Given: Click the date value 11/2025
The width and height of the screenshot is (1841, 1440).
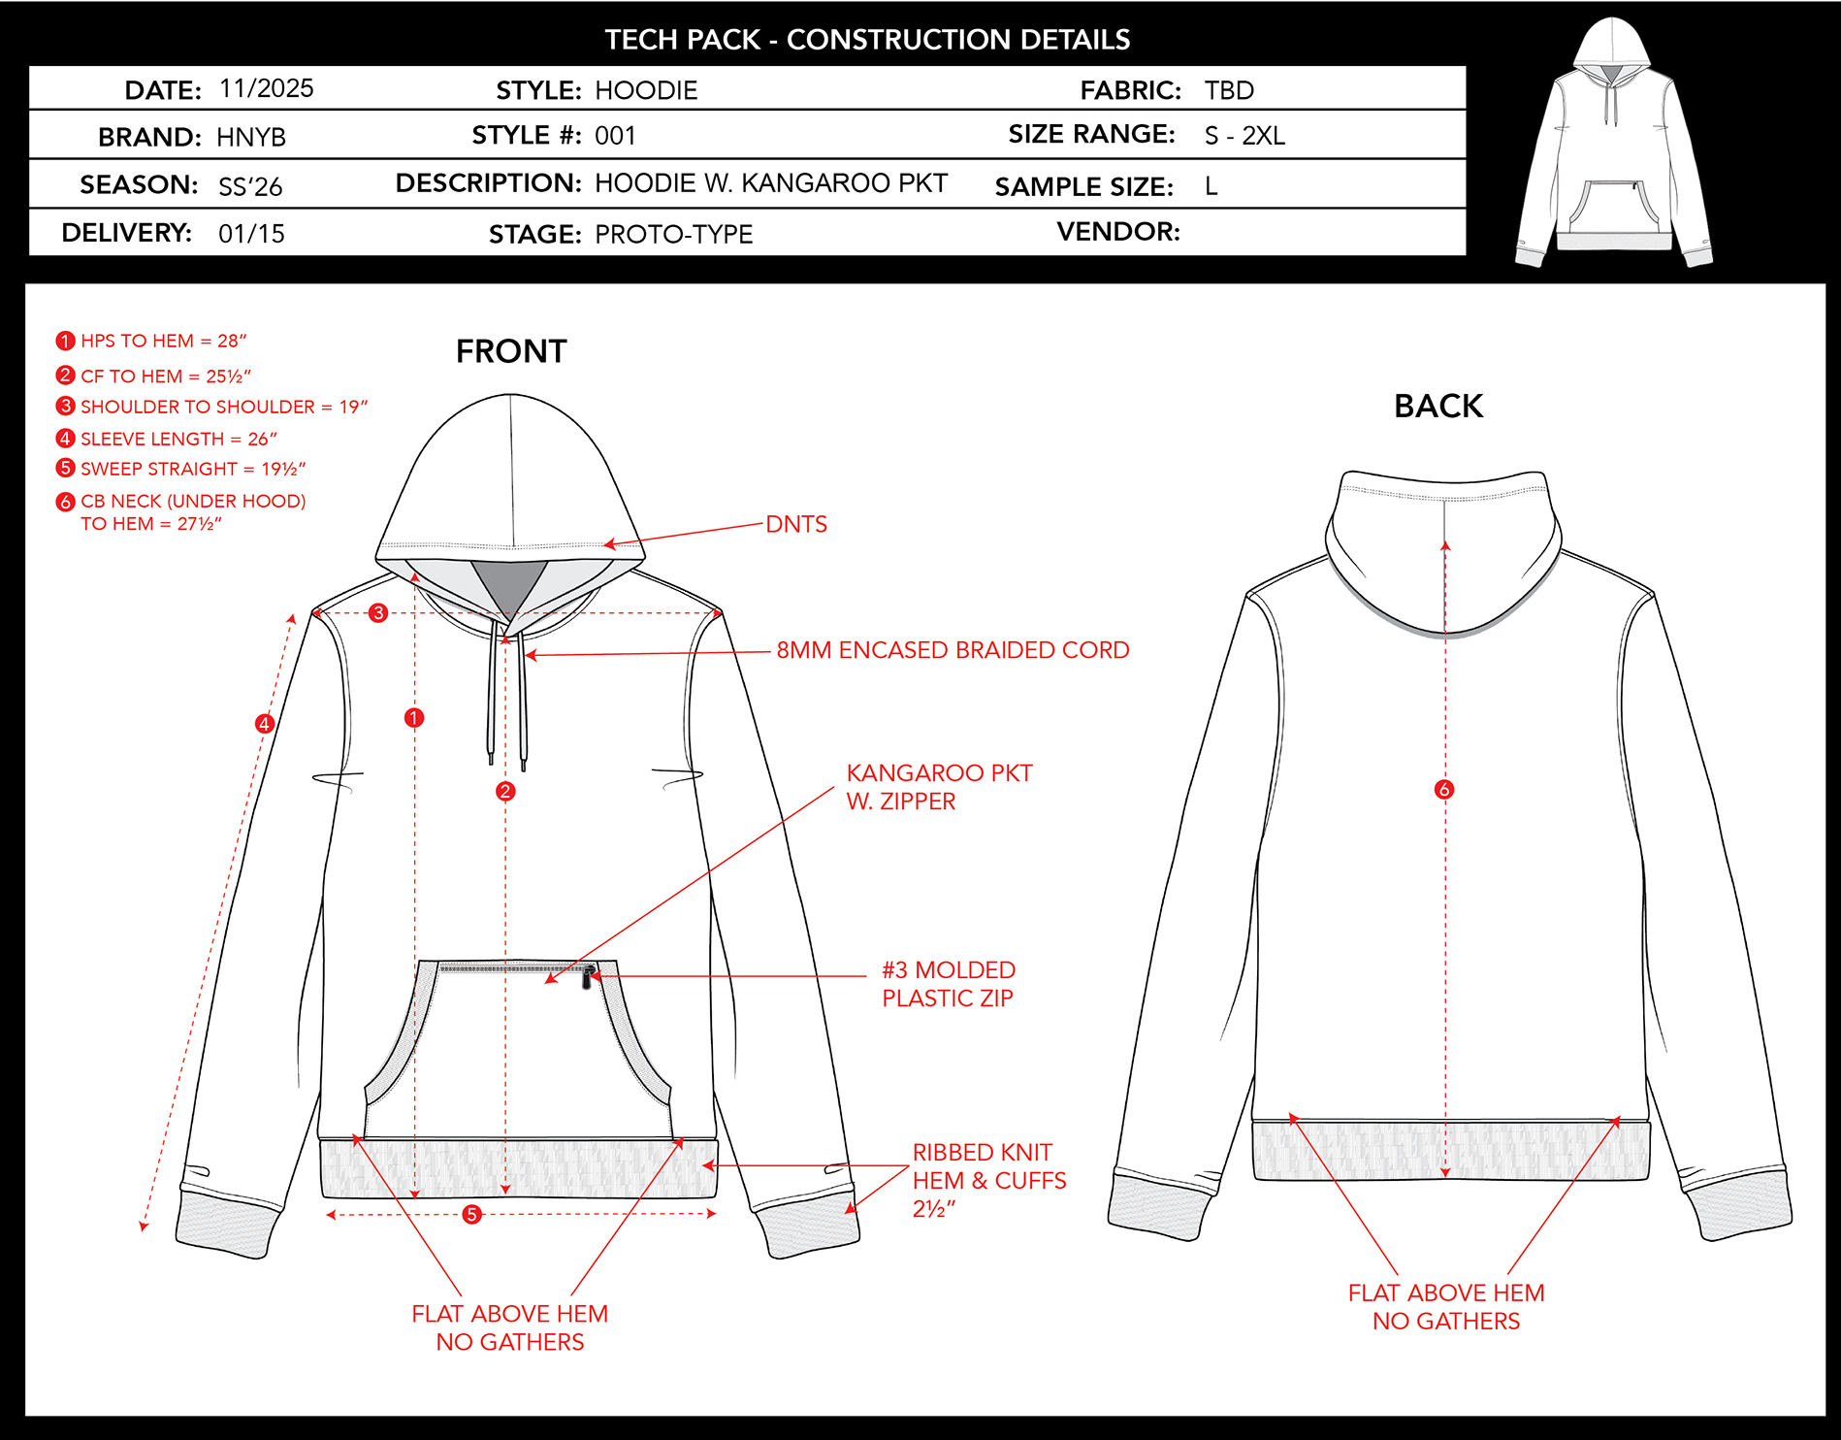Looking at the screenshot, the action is (x=267, y=88).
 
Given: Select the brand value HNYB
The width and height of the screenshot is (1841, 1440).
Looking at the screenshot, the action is (x=251, y=137).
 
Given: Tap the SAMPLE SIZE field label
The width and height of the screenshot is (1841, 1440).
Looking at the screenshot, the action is (x=1084, y=186).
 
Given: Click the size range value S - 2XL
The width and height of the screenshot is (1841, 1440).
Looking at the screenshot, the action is (x=1244, y=136).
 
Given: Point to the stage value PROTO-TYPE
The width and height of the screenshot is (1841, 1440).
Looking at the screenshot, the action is (x=674, y=234).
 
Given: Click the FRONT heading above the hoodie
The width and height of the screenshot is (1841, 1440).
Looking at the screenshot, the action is (x=511, y=351).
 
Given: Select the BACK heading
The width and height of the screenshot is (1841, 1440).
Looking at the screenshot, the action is (x=1438, y=406).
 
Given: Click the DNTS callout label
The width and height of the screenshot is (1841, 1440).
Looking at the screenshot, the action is (x=796, y=524).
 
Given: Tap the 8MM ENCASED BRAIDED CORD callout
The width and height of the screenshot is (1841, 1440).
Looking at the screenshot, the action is (x=953, y=649).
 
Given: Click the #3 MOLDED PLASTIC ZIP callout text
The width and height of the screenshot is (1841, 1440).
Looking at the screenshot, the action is (x=949, y=984).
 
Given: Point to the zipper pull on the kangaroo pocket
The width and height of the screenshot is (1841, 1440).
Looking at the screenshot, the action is (x=587, y=976).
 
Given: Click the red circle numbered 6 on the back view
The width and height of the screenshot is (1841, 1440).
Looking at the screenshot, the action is (x=1444, y=789).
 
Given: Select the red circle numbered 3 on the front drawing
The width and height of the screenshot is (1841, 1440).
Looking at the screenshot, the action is (x=378, y=612).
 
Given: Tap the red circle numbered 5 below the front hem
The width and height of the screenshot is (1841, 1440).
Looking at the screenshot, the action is (x=471, y=1214).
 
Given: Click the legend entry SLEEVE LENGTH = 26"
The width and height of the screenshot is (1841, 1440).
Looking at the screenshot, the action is (x=167, y=439).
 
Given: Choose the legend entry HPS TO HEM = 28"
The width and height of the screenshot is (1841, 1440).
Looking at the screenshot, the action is (x=151, y=341).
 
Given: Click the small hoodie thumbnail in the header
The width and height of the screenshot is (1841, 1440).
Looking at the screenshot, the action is (x=1614, y=142).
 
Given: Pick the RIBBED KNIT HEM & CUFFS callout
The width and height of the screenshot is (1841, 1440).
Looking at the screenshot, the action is (x=989, y=1180).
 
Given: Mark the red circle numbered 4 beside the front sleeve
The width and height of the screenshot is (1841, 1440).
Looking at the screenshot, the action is (x=264, y=723).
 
